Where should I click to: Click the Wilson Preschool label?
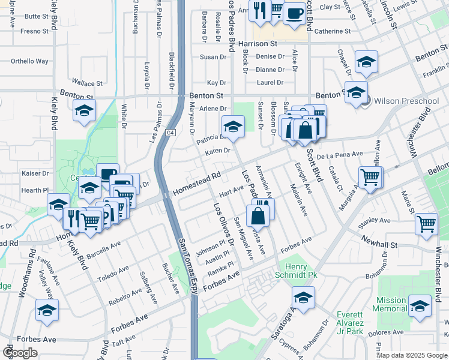coord(406,101)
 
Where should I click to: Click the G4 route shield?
coord(170,132)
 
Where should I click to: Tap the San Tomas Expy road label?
coord(187,264)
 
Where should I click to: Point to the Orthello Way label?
coord(29,61)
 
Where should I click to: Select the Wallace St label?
coord(87,83)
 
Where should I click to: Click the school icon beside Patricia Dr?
coord(232,126)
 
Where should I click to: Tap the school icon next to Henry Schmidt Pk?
coord(303,298)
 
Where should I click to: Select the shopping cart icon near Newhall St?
coord(426,224)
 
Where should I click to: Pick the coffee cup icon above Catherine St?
coord(294,12)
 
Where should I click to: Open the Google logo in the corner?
coord(20,353)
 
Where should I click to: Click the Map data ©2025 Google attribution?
coord(412,355)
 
